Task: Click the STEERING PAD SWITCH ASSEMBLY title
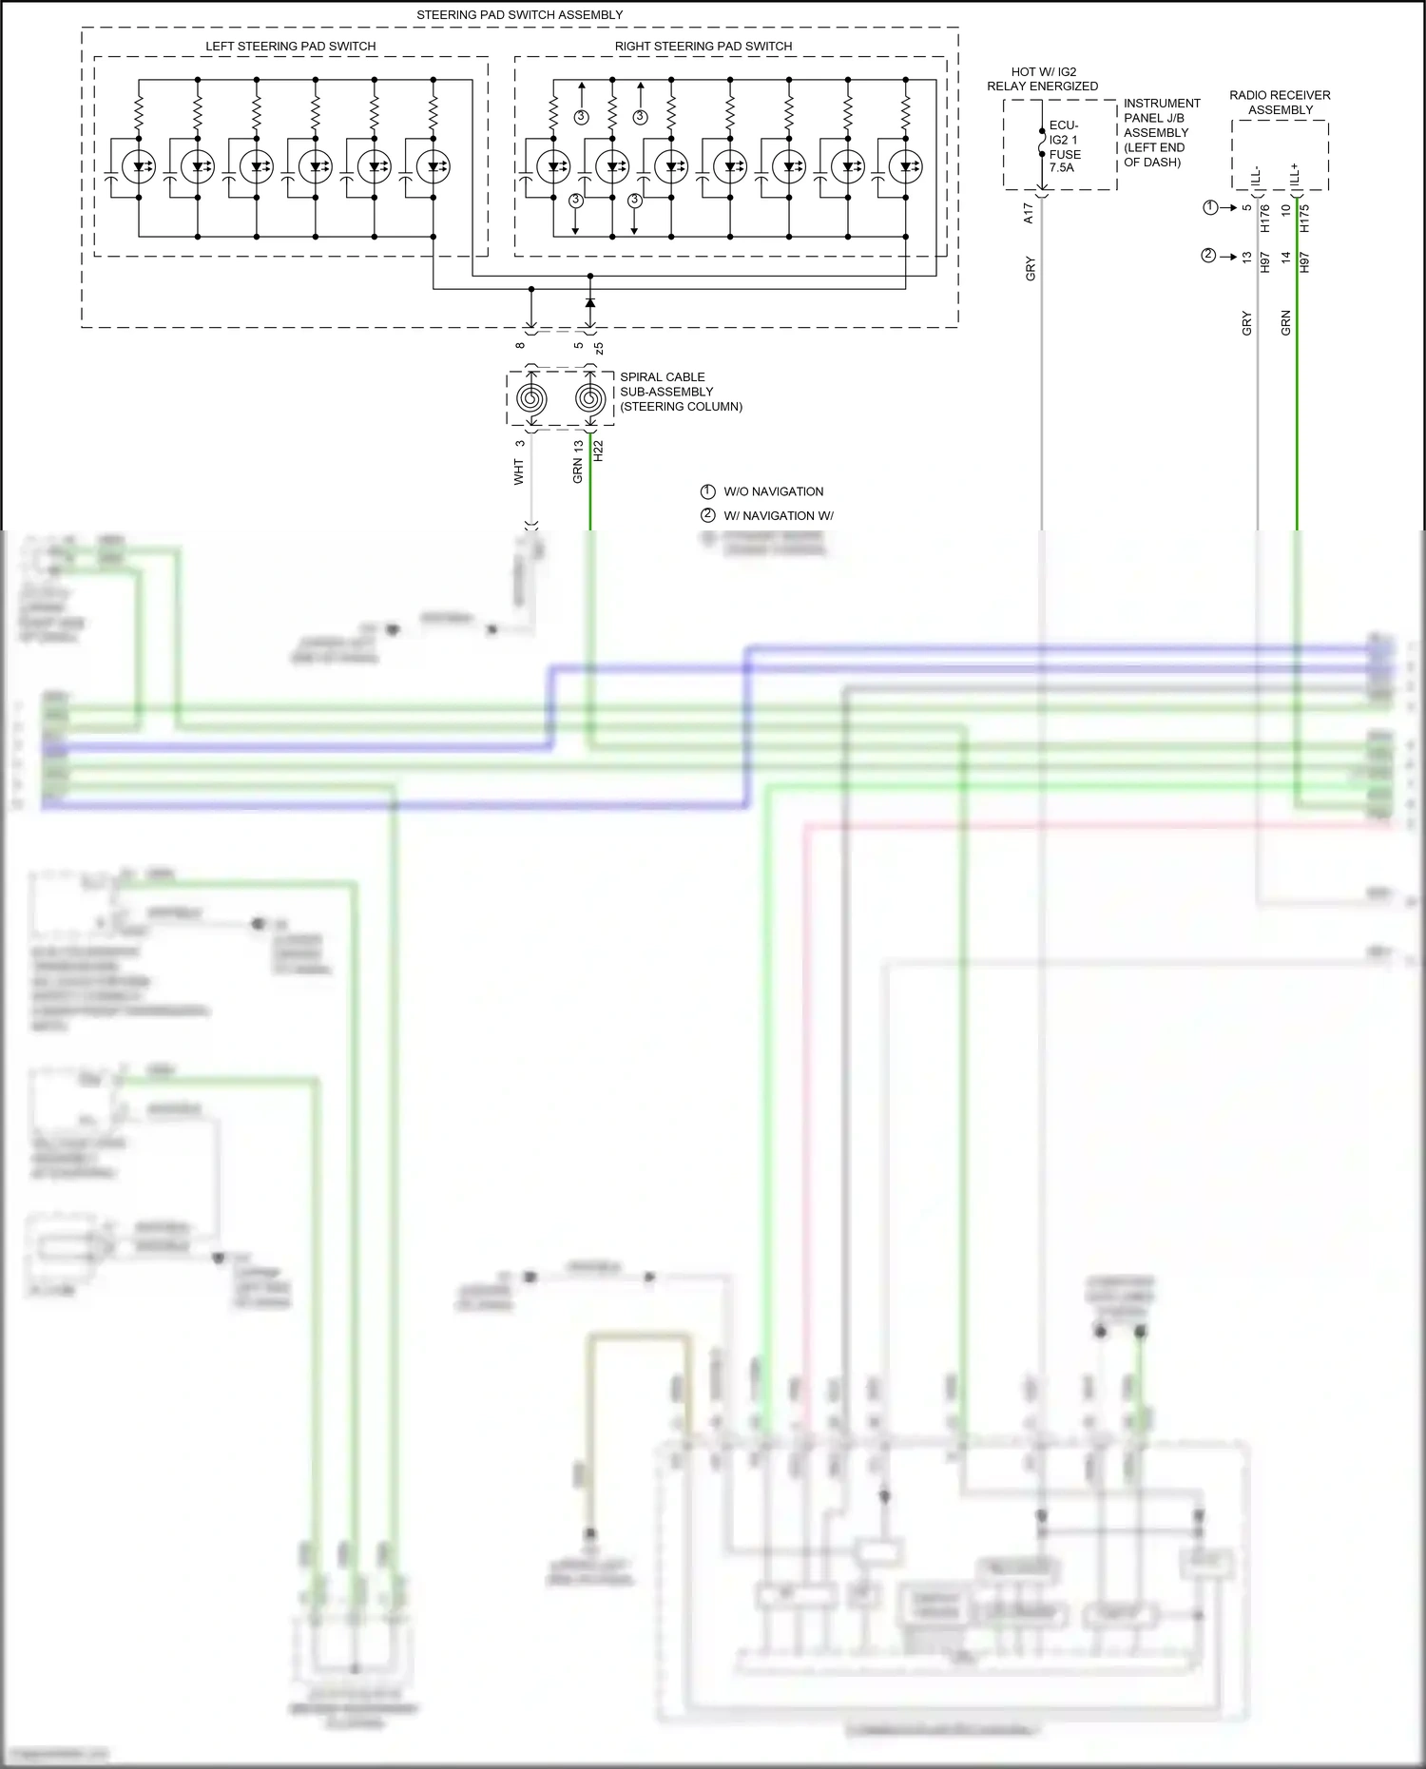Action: [519, 15]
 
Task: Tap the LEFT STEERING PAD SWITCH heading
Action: [290, 47]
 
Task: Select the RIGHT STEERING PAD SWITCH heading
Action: [703, 47]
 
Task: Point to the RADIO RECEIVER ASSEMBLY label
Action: [1280, 103]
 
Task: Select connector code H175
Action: [1304, 219]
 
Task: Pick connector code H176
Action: [1265, 219]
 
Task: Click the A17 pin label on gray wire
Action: [1029, 213]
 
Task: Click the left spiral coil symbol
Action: [531, 398]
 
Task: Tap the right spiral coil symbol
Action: [590, 398]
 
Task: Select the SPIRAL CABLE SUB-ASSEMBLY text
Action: [681, 392]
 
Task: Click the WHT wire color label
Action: [519, 471]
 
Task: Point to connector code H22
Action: [598, 452]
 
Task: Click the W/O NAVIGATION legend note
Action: [772, 491]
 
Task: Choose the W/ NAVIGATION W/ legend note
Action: [777, 516]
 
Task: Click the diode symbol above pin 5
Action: [590, 302]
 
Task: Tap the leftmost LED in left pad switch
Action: [139, 167]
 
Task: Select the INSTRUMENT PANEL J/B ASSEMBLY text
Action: [1161, 132]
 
